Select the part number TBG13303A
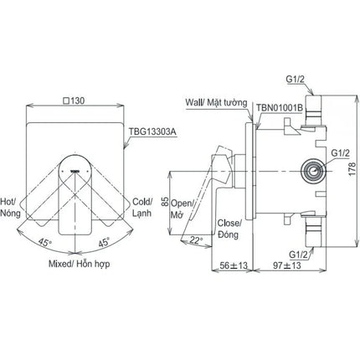point(153,131)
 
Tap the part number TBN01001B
point(280,108)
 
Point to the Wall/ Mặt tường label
point(216,103)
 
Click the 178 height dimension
point(352,168)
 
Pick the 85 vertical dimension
point(165,203)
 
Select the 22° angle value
point(197,240)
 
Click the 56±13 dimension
point(234,265)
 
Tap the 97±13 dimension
point(287,265)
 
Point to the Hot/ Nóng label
point(10,207)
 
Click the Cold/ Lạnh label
point(142,207)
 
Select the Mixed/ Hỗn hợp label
point(80,264)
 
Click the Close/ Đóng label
point(229,229)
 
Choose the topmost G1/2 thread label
point(295,80)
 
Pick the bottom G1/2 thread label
point(298,255)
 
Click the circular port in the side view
point(314,171)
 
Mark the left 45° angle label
point(45,242)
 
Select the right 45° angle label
point(104,242)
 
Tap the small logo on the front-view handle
point(75,171)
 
